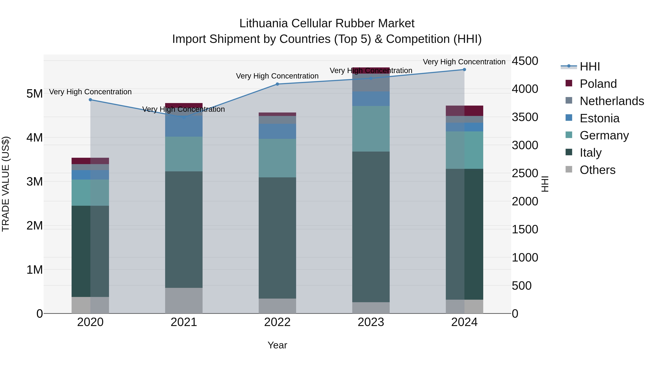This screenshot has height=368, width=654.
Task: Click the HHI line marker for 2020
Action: [x=90, y=100]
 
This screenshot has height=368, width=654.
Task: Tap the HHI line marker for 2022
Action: [x=277, y=84]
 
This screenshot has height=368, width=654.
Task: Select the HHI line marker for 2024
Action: [x=464, y=70]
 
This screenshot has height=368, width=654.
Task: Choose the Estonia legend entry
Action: [x=599, y=118]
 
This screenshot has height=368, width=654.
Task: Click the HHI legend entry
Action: [x=590, y=67]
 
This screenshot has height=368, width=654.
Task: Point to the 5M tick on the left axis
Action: [x=35, y=94]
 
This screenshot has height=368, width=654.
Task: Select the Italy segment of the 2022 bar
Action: [x=277, y=238]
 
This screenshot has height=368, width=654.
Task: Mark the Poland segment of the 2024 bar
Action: [x=464, y=111]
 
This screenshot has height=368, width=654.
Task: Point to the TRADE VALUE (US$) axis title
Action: [x=6, y=184]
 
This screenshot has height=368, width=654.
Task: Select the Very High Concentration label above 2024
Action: [x=464, y=62]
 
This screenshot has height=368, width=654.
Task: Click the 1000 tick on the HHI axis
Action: [x=525, y=258]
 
